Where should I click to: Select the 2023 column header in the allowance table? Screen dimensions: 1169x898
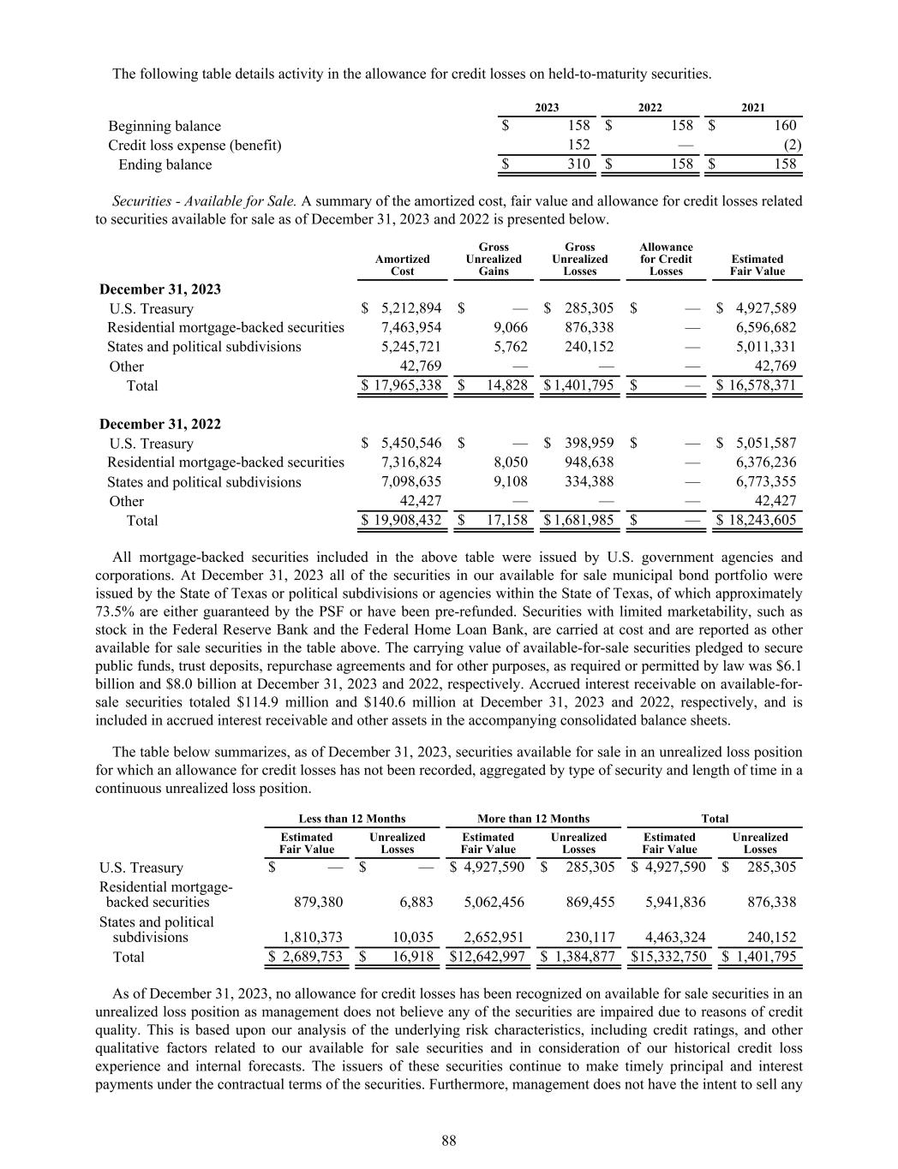547,107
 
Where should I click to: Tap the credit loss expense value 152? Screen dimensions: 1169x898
578,145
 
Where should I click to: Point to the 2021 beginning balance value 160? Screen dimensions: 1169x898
784,126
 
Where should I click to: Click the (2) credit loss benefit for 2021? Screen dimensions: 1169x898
793,145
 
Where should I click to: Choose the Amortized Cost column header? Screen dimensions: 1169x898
403,265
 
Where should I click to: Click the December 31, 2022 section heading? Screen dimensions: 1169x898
160,424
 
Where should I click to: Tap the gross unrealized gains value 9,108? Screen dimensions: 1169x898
510,481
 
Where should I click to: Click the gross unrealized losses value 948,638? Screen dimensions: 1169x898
590,462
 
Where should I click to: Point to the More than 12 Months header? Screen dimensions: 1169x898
533,819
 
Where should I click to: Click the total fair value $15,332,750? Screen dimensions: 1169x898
669,957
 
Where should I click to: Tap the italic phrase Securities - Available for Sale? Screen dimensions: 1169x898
205,201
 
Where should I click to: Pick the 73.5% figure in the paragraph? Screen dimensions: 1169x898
112,611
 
